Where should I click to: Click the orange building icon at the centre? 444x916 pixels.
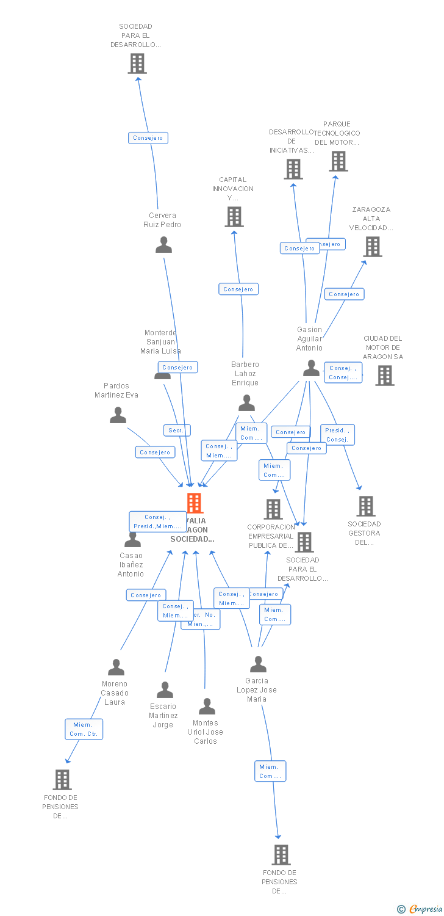pyautogui.click(x=194, y=503)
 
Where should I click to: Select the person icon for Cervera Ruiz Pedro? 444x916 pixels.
pyautogui.click(x=163, y=244)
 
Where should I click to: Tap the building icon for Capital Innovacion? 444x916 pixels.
pyautogui.click(x=234, y=216)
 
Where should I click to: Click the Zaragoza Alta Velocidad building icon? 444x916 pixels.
pyautogui.click(x=372, y=246)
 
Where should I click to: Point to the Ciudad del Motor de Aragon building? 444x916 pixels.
pyautogui.click(x=384, y=375)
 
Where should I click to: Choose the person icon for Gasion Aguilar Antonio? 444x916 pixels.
pyautogui.click(x=311, y=368)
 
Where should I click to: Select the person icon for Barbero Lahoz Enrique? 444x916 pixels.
pyautogui.click(x=246, y=403)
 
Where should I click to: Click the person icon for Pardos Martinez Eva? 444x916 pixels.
pyautogui.click(x=118, y=415)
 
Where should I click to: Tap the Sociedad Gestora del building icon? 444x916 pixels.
pyautogui.click(x=365, y=506)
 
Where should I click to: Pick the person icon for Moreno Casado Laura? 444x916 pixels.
pyautogui.click(x=116, y=667)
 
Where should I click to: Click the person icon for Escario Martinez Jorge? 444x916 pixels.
pyautogui.click(x=165, y=689)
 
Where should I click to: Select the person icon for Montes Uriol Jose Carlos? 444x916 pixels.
pyautogui.click(x=207, y=707)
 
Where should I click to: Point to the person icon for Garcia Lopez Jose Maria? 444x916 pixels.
pyautogui.click(x=258, y=664)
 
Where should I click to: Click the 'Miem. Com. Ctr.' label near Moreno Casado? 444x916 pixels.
pyautogui.click(x=84, y=729)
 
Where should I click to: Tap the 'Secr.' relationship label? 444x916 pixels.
pyautogui.click(x=177, y=431)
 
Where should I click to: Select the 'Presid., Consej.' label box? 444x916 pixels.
pyautogui.click(x=337, y=435)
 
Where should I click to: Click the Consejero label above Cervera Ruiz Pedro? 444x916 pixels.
pyautogui.click(x=148, y=138)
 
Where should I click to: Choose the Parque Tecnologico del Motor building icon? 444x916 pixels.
pyautogui.click(x=338, y=161)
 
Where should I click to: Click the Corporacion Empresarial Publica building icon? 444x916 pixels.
pyautogui.click(x=273, y=509)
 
